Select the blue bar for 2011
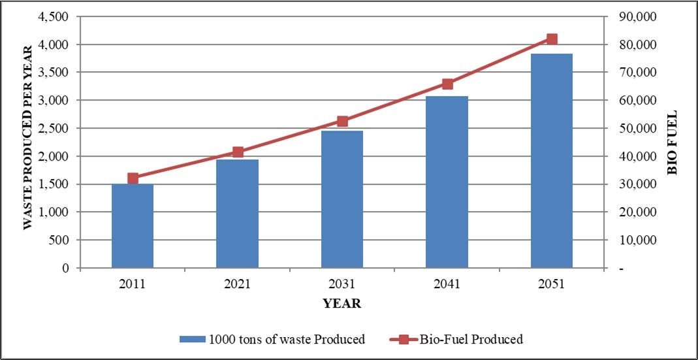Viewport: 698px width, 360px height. point(133,226)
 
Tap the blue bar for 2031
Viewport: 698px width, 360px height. point(342,199)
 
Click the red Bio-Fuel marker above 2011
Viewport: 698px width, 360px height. point(133,178)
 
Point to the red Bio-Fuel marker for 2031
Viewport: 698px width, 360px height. point(342,122)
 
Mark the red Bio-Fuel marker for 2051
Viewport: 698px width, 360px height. point(552,39)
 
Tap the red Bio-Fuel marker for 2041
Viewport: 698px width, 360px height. point(447,84)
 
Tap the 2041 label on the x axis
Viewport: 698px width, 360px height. point(447,284)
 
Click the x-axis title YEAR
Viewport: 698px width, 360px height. point(341,304)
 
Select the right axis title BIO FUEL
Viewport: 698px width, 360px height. point(672,143)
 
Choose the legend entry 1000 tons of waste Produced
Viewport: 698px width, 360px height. point(273,339)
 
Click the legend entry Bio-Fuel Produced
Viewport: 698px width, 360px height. point(457,339)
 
